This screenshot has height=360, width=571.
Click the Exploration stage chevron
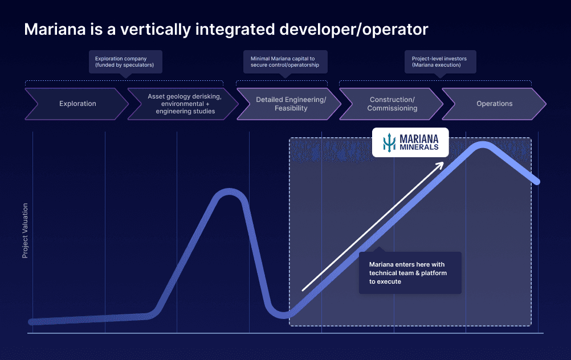coord(77,104)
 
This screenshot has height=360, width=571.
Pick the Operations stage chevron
coord(494,104)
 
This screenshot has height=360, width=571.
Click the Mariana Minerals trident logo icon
coord(389,142)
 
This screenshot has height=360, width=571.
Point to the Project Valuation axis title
coord(25,230)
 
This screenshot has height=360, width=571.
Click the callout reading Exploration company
coord(125,62)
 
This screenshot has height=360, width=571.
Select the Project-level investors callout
coord(440,62)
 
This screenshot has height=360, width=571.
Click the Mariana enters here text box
coord(410,273)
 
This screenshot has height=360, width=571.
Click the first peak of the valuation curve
coord(230,194)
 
